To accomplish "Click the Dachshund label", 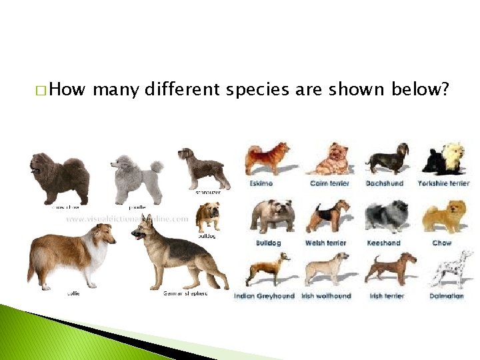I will [x=385, y=183].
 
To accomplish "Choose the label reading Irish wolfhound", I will [x=326, y=296].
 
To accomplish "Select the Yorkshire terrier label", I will [x=443, y=183].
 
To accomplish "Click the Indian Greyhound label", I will [x=264, y=296].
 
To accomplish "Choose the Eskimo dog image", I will [x=267, y=159].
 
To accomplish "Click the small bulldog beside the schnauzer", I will [x=207, y=217].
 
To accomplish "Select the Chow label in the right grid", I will [x=442, y=243].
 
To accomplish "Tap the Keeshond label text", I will [x=384, y=243].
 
